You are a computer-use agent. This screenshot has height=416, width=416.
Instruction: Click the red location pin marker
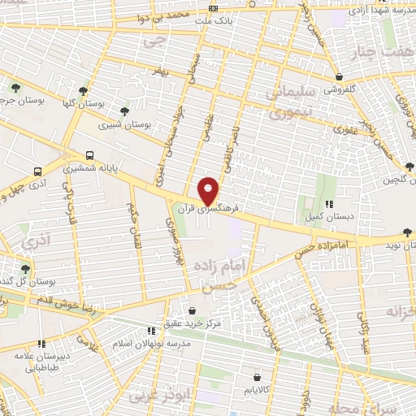(209, 191)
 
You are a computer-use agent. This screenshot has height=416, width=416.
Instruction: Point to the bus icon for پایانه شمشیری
(89, 156)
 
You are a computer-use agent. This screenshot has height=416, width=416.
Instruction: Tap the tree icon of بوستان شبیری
(123, 112)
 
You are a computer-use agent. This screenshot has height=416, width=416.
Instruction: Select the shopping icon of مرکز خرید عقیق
(192, 310)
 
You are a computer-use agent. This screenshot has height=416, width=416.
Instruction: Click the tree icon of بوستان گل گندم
(24, 269)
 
